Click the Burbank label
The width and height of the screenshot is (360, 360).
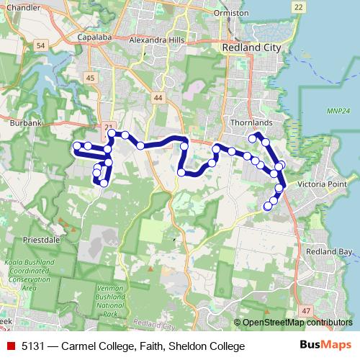pos(27,123)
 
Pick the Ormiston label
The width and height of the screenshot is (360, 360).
pos(230,14)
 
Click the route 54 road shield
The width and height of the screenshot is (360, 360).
pos(40,45)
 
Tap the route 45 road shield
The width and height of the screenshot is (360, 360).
pos(90,78)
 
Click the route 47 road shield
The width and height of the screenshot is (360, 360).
pos(307,310)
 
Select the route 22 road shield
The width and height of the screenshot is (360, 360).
pos(298,6)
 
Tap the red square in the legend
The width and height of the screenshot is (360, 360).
pos(10,346)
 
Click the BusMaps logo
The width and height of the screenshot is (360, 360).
pos(325,346)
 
